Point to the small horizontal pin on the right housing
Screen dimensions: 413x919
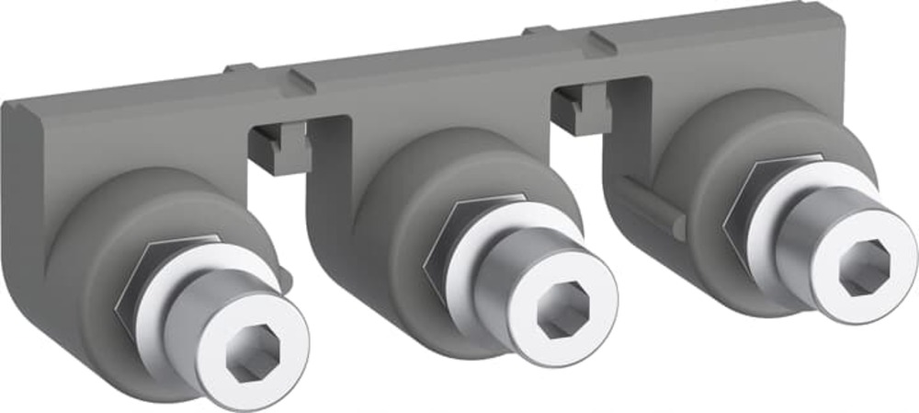(x=647, y=208)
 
